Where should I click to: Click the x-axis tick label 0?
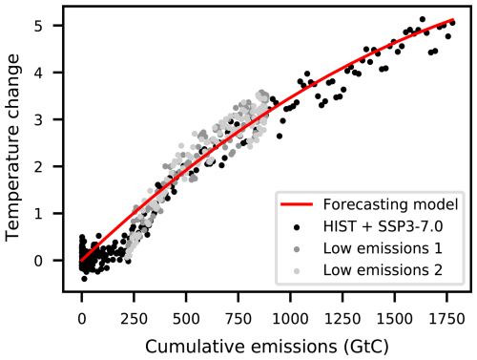tap(82, 312)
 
